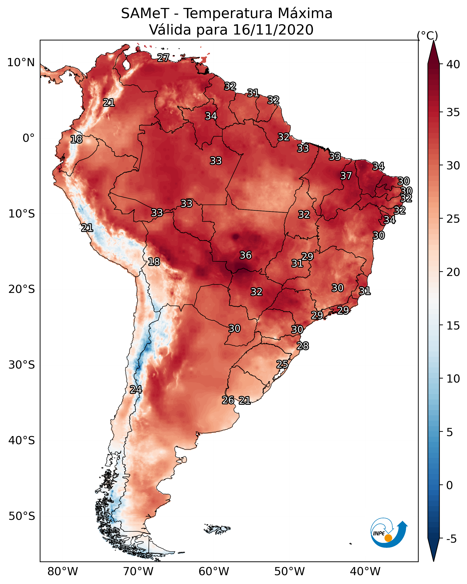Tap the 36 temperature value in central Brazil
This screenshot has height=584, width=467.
coord(246,255)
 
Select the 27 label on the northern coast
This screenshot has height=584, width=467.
coord(163,58)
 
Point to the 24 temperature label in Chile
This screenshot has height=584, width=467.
coord(136,390)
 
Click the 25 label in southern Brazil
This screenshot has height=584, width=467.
coord(282,364)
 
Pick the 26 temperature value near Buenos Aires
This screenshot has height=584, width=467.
coord(228,400)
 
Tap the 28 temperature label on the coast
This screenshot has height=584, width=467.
coord(303,346)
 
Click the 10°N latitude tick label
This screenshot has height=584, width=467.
coord(21,63)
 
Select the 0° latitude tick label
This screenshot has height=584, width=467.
coord(28,138)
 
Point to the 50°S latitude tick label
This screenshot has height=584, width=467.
coord(22,516)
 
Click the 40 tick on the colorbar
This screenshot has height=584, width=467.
coord(453,64)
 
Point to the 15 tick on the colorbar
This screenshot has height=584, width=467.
coord(453,326)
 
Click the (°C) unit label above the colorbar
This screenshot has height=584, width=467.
coord(427,35)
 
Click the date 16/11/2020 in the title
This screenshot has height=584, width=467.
coord(273,30)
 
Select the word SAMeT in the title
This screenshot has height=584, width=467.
coord(145,14)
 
